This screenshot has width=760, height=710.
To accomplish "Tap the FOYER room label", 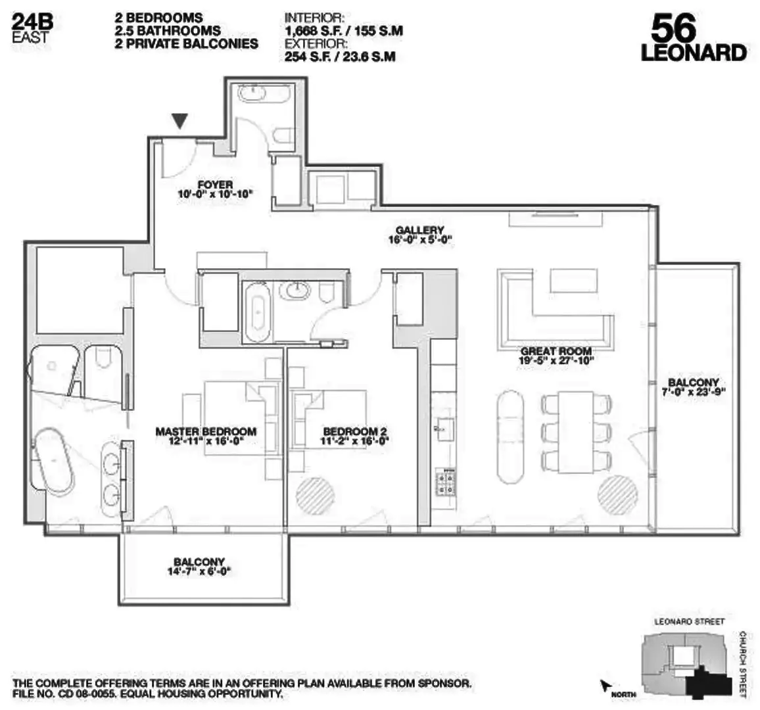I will coord(215,185).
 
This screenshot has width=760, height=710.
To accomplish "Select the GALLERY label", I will coord(420,230).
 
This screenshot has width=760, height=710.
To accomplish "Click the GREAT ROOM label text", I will coord(556,352).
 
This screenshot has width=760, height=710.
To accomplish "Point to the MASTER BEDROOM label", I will coord(206,432).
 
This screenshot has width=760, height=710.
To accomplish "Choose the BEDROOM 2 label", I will coord(350,432).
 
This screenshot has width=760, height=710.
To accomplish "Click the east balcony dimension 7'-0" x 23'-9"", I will coord(693,392).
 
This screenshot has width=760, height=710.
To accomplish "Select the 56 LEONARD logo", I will coord(693,39).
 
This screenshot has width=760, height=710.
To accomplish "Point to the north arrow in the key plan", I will coord(605,686).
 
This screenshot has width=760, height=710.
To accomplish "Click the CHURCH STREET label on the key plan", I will coord(742,664).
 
